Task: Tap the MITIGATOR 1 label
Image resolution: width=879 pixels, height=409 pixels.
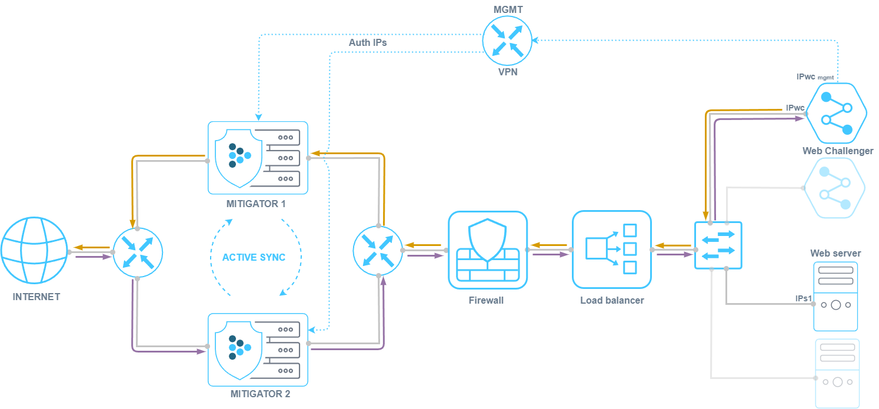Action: click(256, 204)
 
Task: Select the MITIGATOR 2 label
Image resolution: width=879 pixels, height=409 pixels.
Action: click(260, 394)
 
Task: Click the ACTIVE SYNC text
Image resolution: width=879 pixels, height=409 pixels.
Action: click(254, 257)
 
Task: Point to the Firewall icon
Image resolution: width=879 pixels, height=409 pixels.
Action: click(488, 250)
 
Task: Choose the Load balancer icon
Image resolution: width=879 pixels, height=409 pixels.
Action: click(612, 250)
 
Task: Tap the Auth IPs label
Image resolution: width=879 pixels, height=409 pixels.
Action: click(368, 42)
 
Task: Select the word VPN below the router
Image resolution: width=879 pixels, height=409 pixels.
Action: click(507, 72)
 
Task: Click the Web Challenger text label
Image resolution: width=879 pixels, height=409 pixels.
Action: click(838, 151)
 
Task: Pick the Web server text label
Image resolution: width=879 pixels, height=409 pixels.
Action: click(835, 253)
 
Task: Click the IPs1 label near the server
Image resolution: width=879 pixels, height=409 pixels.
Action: click(803, 298)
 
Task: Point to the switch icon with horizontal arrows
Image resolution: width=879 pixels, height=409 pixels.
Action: click(718, 245)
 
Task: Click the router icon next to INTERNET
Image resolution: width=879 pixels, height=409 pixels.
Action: click(138, 252)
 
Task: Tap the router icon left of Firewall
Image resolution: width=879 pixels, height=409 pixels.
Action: click(378, 250)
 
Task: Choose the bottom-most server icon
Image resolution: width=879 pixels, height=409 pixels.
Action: click(837, 373)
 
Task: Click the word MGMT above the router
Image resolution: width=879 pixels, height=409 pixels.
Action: click(507, 9)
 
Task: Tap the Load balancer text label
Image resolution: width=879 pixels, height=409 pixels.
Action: click(612, 300)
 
